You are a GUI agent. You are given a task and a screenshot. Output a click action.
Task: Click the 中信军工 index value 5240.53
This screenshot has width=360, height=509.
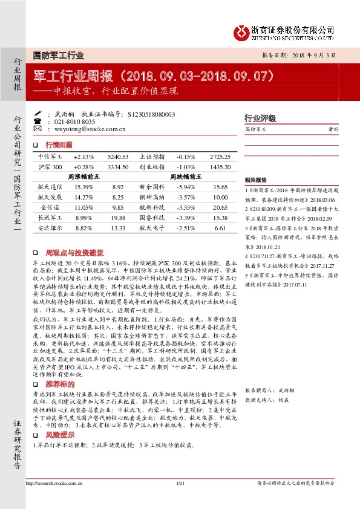point(117,157)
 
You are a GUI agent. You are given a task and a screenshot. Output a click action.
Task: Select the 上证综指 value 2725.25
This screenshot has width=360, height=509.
point(220,157)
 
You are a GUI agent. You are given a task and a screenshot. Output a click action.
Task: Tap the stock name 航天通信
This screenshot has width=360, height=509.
point(49,187)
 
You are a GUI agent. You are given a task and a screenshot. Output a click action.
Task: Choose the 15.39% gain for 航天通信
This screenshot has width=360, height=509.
point(83,187)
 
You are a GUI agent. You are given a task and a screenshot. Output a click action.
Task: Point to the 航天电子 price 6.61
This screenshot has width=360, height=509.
point(220,229)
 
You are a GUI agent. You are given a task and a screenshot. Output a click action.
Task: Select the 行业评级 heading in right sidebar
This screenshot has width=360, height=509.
point(260,118)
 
